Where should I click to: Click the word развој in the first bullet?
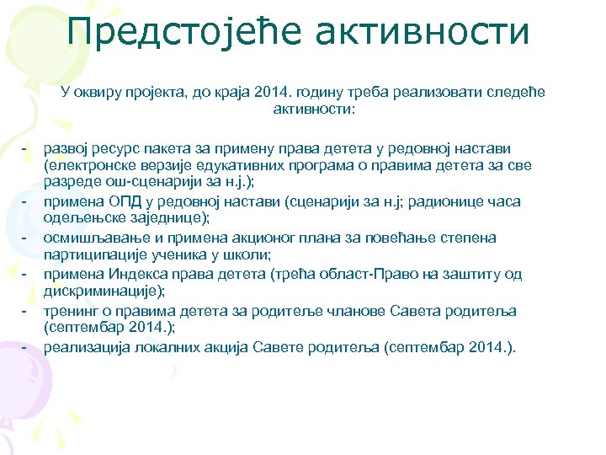tap(66, 148)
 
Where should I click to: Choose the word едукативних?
tap(249, 165)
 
